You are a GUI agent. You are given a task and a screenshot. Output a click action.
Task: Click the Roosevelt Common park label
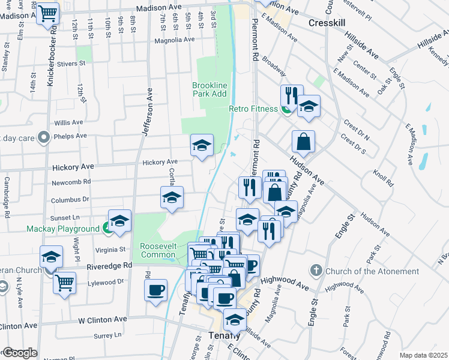pos(158,250)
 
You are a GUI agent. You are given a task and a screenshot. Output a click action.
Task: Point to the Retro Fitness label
pos(253,109)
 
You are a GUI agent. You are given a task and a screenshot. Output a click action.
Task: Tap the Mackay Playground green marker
pos(107,228)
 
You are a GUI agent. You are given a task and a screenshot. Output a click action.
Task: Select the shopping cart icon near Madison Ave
pos(48,13)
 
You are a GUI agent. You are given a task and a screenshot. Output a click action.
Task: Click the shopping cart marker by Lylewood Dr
pos(64,283)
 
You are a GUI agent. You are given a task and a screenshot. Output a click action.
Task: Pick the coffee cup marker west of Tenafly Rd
pos(155,290)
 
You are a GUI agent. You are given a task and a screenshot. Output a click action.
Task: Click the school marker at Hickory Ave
pos(202,145)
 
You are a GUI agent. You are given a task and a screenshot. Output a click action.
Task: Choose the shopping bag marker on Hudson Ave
pos(304,142)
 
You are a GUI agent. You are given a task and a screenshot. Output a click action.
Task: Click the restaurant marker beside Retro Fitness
pos(289,96)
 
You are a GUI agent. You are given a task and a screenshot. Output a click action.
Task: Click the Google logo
pos(20,353)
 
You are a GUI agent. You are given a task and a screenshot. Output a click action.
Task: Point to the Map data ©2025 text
pos(423,355)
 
